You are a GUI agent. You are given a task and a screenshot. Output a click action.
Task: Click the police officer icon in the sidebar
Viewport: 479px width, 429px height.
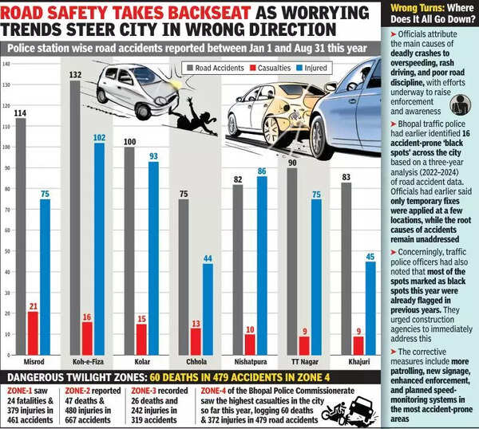[x=461, y=104]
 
